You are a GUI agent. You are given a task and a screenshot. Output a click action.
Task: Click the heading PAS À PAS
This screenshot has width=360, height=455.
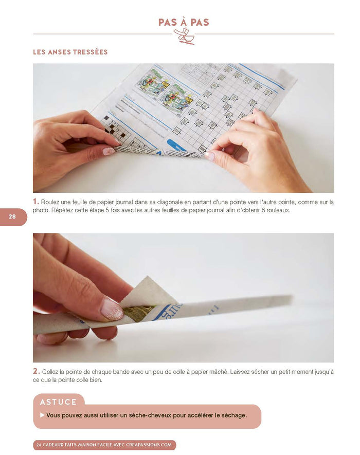pyautogui.click(x=184, y=22)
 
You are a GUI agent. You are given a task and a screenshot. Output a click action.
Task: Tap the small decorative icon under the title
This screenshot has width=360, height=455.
pyautogui.click(x=184, y=36)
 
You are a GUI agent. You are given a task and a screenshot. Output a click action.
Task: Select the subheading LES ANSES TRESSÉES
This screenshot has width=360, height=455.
pyautogui.click(x=70, y=52)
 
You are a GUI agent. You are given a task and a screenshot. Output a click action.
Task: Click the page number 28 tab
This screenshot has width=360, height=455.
pyautogui.click(x=12, y=217)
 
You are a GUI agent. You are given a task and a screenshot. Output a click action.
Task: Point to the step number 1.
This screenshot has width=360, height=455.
pyautogui.click(x=36, y=202)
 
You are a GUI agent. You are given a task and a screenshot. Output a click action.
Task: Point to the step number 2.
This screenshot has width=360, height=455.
pyautogui.click(x=36, y=371)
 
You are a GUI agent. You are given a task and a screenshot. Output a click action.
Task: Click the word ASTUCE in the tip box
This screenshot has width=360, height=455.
pyautogui.click(x=59, y=402)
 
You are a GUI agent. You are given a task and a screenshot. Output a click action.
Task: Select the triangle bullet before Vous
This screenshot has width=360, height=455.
pyautogui.click(x=42, y=415)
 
